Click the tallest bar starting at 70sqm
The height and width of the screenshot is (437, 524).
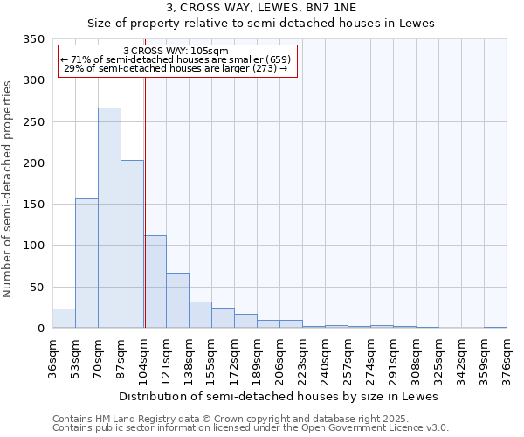(x=109, y=218)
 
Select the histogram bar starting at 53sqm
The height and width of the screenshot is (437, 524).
(x=86, y=263)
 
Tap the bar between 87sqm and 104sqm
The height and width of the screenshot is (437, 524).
(x=132, y=245)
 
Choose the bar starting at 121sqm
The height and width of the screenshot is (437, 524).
(x=177, y=301)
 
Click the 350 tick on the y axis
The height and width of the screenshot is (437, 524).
(x=32, y=39)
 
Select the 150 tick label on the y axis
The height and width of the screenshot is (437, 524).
(x=32, y=205)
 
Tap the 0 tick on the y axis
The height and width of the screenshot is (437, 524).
(x=39, y=329)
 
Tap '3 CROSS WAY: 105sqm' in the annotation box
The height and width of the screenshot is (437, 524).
(x=176, y=51)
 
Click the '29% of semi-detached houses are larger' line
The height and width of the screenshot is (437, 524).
(x=176, y=68)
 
